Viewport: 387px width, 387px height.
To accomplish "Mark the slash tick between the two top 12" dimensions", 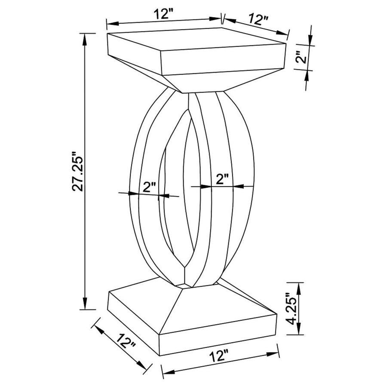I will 222,18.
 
